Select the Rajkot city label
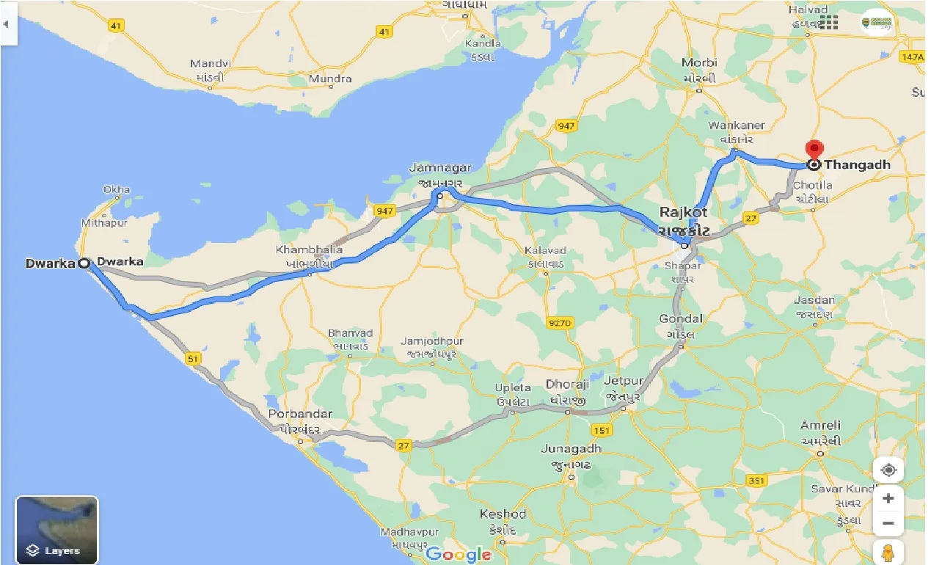click(684, 212)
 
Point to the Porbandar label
click(300, 414)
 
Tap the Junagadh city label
click(571, 448)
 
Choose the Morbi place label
click(698, 63)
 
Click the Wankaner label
click(737, 125)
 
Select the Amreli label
click(820, 426)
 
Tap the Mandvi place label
click(211, 64)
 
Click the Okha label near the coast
click(117, 190)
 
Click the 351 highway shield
click(756, 481)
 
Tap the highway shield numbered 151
click(602, 430)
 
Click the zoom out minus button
click(888, 522)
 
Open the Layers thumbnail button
click(56, 530)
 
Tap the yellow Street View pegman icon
click(888, 552)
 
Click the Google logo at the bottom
click(459, 554)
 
